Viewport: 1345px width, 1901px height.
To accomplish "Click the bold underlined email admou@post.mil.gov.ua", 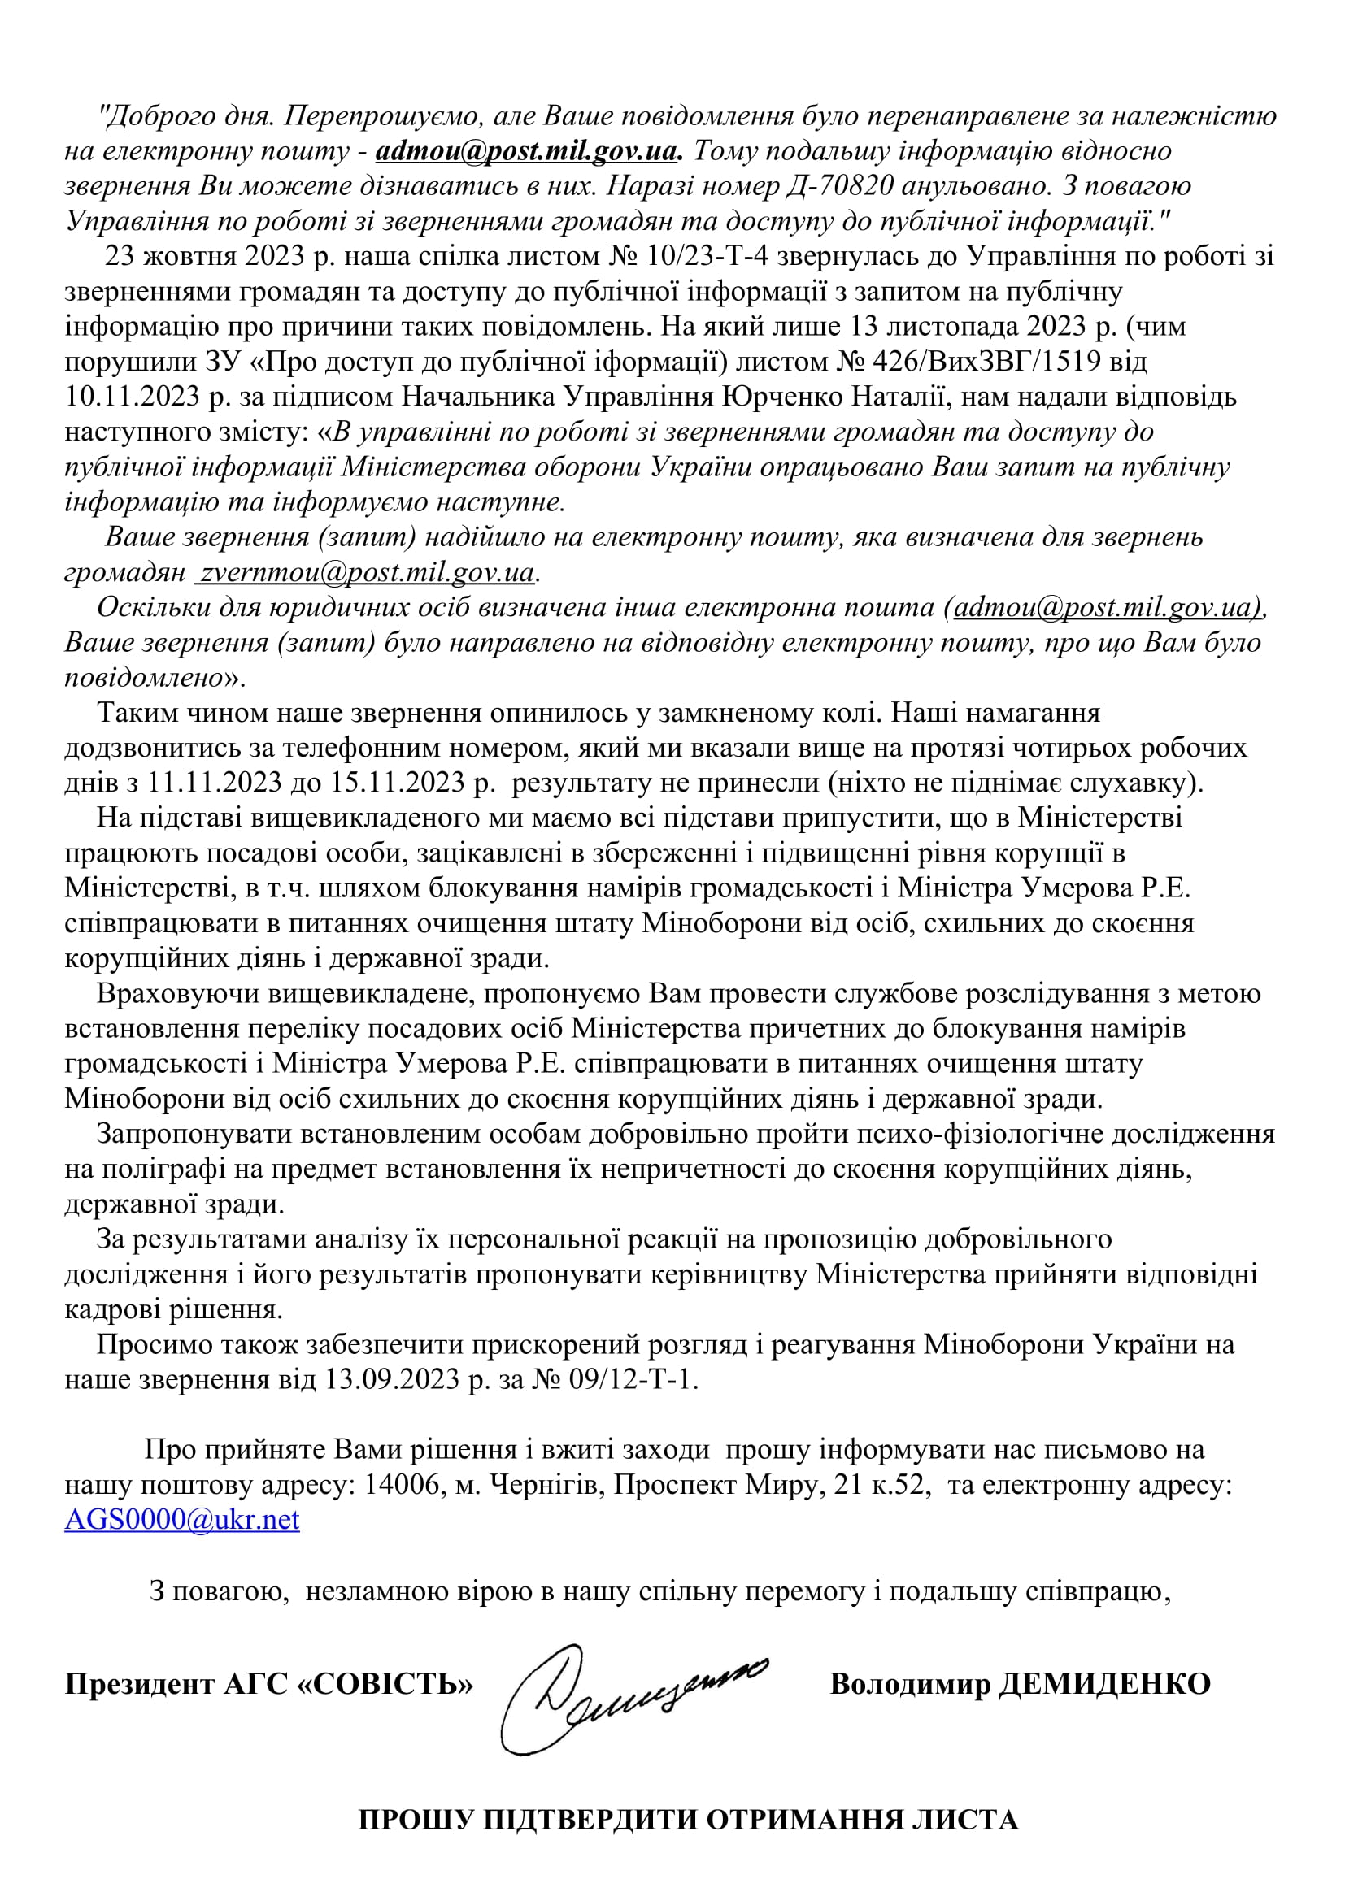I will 528,151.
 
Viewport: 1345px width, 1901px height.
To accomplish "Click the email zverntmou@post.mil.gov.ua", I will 365,572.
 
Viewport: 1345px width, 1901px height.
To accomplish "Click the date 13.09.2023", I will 390,1379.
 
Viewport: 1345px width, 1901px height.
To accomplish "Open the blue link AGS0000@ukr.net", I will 182,1519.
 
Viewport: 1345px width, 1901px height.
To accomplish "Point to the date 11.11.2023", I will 215,783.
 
